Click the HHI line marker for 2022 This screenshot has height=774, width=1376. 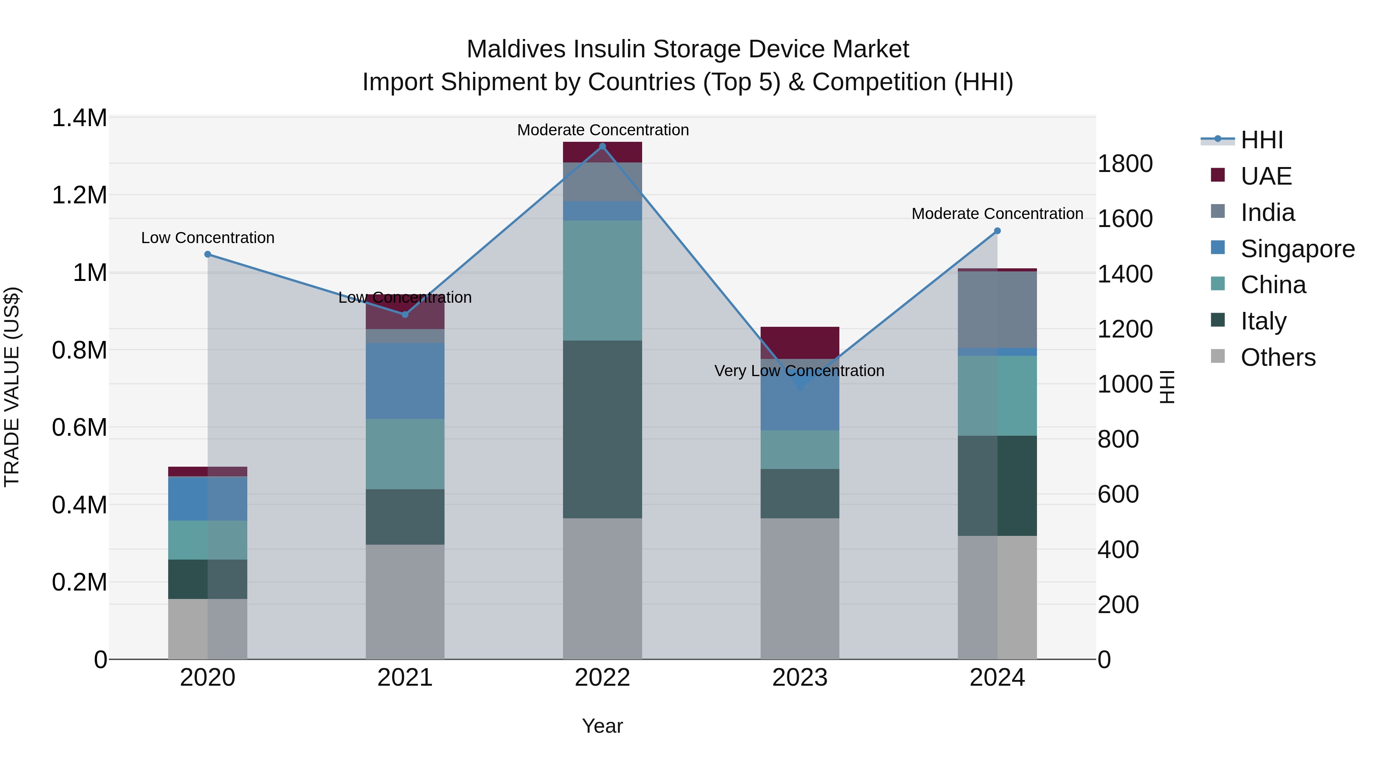tap(602, 146)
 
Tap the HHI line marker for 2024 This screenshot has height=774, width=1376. tap(997, 231)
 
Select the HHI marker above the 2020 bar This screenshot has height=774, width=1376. tap(208, 254)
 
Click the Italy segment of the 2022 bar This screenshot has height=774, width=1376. tap(602, 430)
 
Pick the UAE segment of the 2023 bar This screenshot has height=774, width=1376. tap(800, 342)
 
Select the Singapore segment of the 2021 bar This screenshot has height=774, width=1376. tap(405, 381)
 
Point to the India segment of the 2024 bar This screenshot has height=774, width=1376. tap(997, 310)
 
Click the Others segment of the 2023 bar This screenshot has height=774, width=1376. tap(800, 587)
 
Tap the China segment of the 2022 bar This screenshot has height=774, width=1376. tap(602, 281)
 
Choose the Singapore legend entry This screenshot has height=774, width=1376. tap(1297, 249)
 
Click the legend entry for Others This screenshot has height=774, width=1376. tap(1278, 357)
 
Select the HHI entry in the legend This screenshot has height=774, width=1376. tap(1261, 140)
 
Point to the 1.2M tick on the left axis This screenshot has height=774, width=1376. tap(80, 195)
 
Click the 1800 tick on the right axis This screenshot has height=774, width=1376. tap(1125, 164)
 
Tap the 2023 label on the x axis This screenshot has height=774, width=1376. tap(800, 678)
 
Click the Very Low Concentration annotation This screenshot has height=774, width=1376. tap(799, 371)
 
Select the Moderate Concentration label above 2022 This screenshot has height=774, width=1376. tap(602, 130)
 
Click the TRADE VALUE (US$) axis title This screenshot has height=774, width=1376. tap(12, 387)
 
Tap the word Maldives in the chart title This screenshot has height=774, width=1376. tap(516, 49)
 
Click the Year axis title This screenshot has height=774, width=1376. tap(602, 726)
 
